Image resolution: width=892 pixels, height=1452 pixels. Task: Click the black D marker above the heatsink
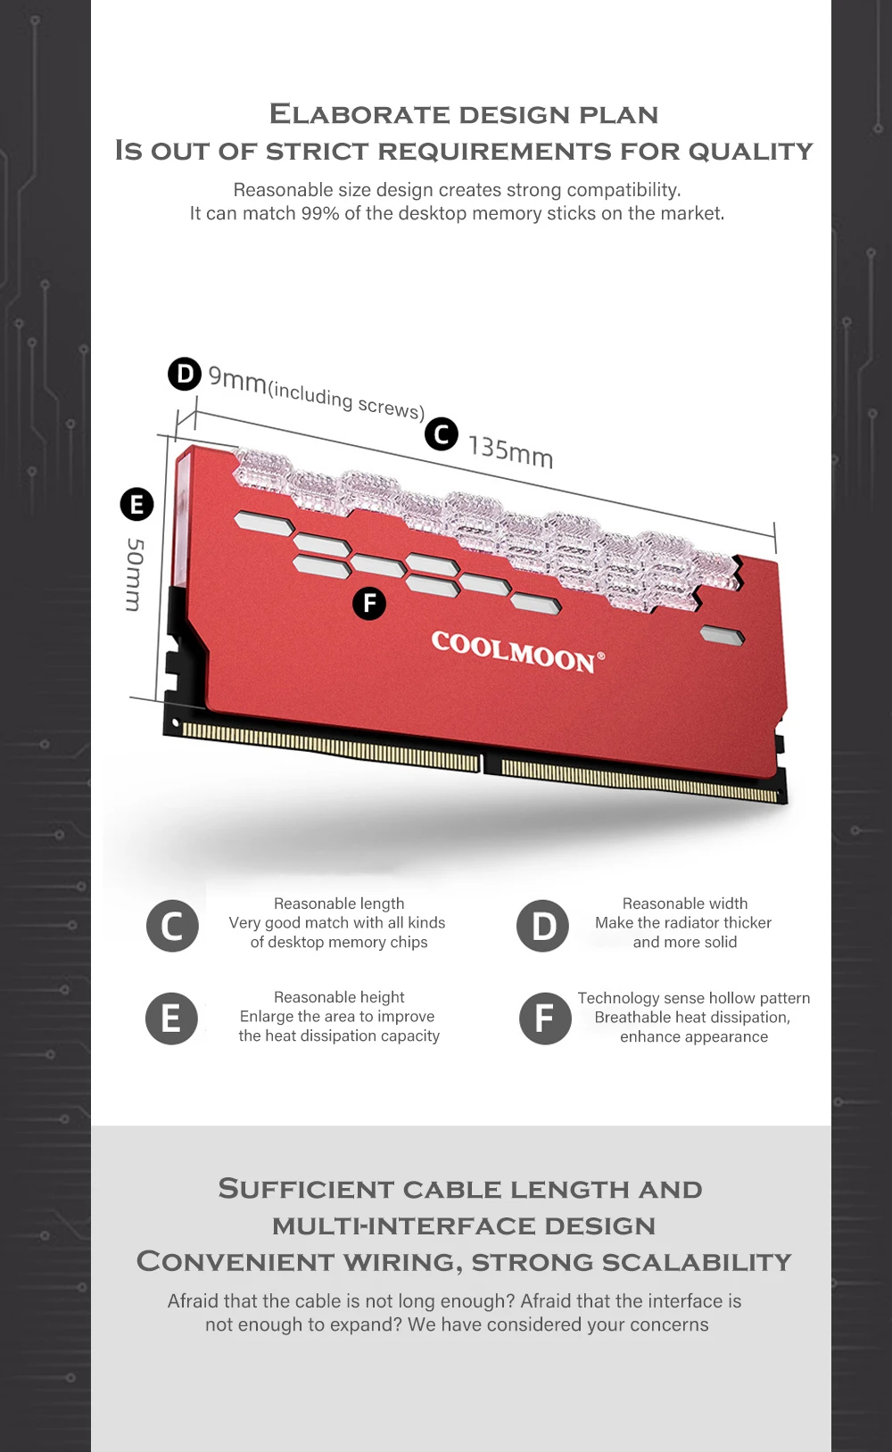click(185, 374)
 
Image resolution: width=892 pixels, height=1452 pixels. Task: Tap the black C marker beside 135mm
click(442, 433)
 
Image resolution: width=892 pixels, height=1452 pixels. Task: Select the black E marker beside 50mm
click(136, 504)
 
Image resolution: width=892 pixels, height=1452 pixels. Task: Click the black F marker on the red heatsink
click(369, 604)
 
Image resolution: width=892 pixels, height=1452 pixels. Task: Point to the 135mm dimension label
click(511, 452)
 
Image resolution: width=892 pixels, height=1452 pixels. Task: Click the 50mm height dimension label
click(134, 574)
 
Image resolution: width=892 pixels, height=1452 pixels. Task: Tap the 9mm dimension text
click(237, 379)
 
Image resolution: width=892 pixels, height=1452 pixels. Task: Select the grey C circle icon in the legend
click(172, 926)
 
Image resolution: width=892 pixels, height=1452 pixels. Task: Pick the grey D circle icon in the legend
click(542, 926)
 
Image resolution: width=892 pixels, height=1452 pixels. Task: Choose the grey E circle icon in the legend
click(172, 1019)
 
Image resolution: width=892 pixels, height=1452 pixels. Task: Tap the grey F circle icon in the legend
click(545, 1019)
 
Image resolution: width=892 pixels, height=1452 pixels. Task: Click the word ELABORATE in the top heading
click(359, 115)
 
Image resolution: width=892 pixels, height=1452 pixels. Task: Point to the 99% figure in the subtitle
click(320, 213)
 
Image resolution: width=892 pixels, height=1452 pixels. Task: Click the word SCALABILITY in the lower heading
click(697, 1262)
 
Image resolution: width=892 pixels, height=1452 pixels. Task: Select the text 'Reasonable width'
click(684, 903)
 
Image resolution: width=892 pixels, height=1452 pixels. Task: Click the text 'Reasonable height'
click(339, 997)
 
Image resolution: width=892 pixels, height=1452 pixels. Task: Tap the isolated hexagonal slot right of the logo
click(723, 635)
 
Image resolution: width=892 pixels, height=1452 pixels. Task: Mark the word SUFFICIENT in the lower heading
click(306, 1190)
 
